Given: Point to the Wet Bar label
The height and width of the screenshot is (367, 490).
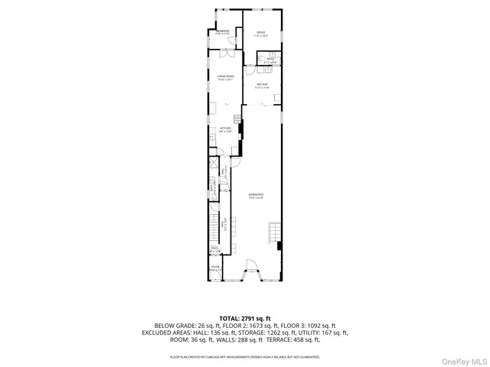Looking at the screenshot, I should [261, 85].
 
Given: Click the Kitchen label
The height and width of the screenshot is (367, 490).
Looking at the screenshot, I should [225, 129].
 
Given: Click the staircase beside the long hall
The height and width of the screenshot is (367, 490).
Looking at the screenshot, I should [213, 226].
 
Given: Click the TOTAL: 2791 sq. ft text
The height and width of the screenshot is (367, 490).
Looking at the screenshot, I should [244, 318].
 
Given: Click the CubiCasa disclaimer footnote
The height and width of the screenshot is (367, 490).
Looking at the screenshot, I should [245, 356].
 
